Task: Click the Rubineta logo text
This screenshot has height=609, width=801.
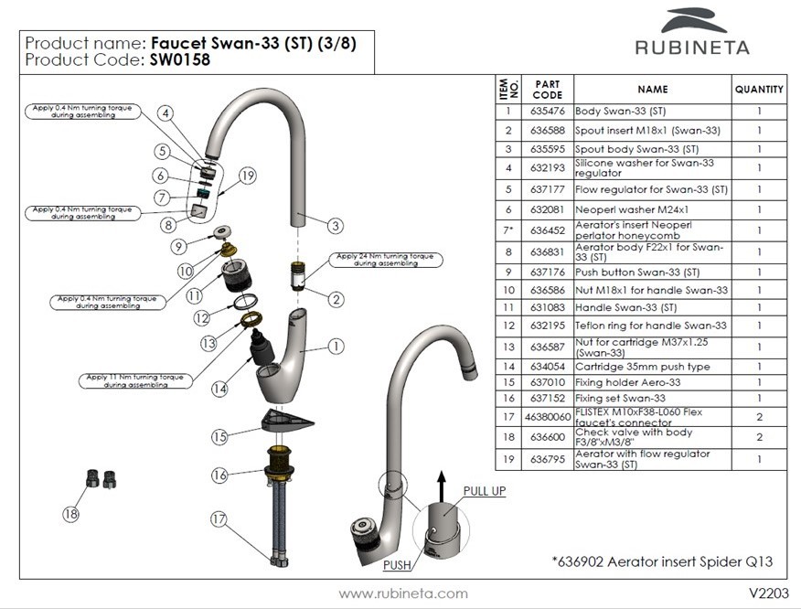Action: coord(692,47)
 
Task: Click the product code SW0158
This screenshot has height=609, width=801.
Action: coord(174,61)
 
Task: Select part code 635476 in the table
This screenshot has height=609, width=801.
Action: coord(547,112)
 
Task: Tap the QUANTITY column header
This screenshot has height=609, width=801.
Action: coord(759,90)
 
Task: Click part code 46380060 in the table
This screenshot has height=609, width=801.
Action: coord(547,417)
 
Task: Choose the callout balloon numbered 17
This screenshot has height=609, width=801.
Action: coord(218,518)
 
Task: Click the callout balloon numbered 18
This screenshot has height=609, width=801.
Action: coord(71,514)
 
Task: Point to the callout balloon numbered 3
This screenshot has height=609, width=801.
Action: coord(336,225)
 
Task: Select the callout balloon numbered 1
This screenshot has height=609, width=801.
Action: coord(336,347)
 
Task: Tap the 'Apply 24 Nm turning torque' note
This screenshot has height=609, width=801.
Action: coord(384,260)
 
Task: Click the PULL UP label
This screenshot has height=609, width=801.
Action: coord(484,491)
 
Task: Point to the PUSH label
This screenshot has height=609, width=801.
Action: coord(397,566)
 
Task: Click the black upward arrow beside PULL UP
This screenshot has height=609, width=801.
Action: coord(439,485)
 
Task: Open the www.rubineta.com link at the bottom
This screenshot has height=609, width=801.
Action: coord(403,593)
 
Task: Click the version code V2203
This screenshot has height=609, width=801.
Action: coord(768,593)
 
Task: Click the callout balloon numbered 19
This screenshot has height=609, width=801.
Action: coord(247,176)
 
